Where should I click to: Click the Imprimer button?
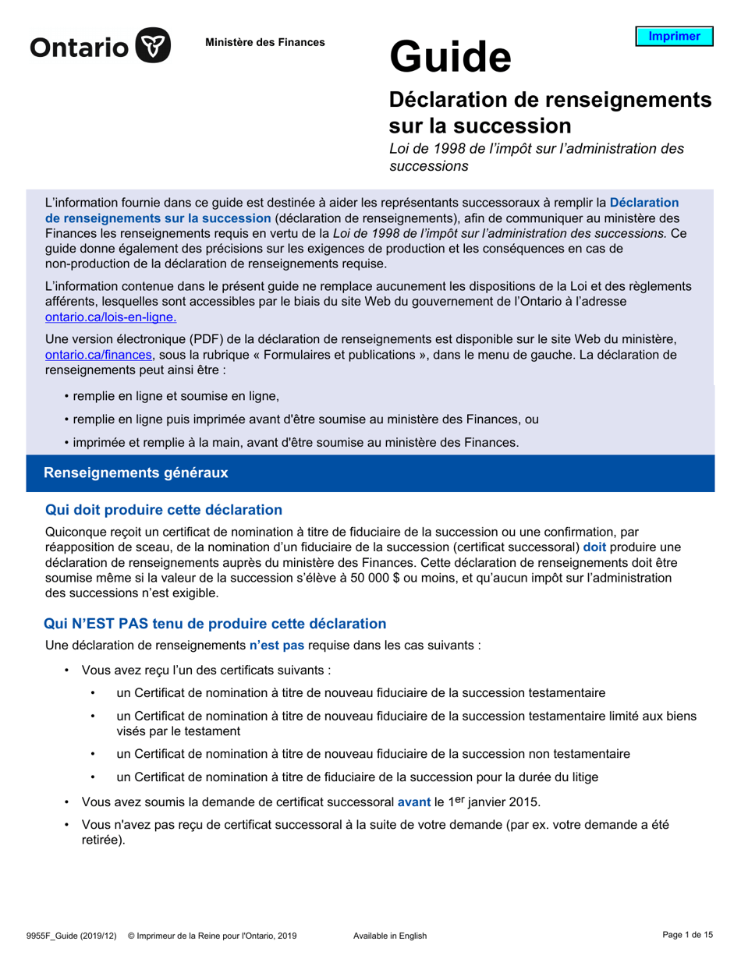coord(674,37)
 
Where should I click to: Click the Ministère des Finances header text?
coord(264,42)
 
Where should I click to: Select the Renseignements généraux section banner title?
coord(136,472)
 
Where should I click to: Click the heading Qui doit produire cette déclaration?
coord(164,510)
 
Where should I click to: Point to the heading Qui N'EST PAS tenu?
coord(215,623)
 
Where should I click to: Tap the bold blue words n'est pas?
coord(276,645)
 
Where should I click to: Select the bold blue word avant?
coord(413,802)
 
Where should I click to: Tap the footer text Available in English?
coord(390,936)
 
